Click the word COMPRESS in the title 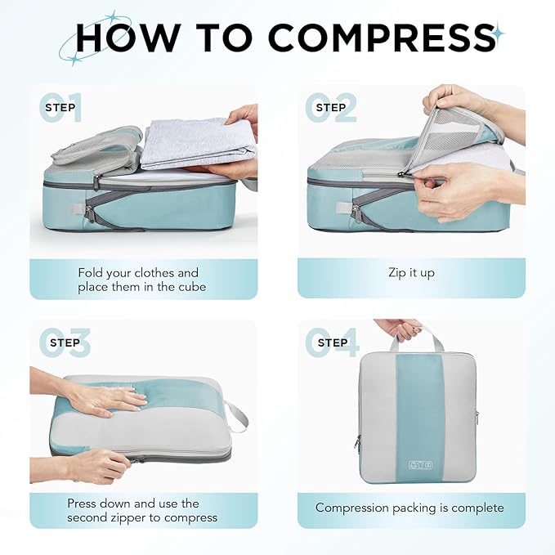click(381, 38)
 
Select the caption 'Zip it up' click(411, 273)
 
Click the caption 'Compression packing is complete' click(410, 508)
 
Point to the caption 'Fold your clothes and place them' click(138, 280)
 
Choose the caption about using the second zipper click(142, 510)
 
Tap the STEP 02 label click(331, 107)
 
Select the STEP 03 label click(65, 342)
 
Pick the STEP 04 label click(332, 342)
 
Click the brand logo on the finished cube click(417, 465)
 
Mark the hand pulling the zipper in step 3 click(98, 465)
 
